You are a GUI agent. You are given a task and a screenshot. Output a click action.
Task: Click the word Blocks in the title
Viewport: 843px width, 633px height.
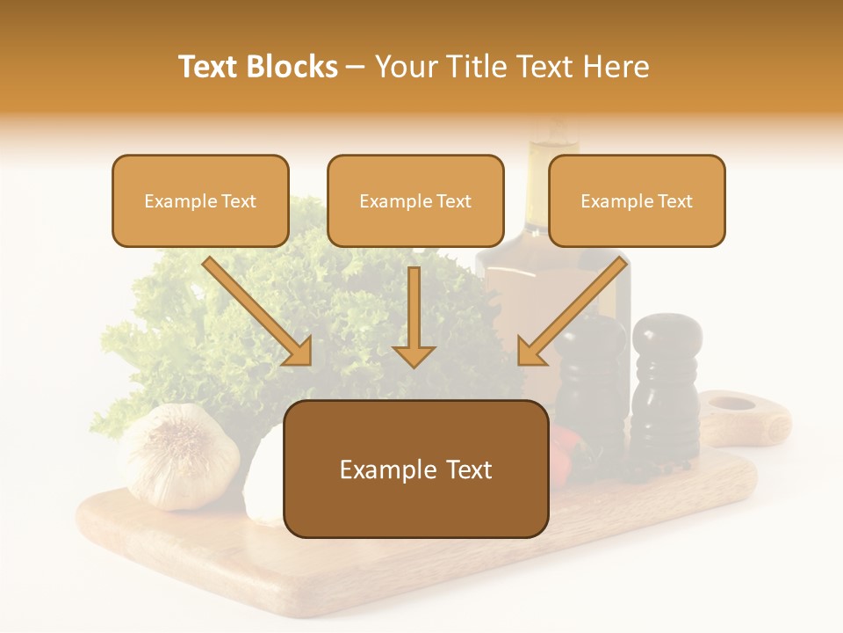292,67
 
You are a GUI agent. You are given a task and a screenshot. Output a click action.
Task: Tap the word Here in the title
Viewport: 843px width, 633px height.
614,67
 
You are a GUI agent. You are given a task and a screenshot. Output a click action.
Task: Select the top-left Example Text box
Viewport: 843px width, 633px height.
200,200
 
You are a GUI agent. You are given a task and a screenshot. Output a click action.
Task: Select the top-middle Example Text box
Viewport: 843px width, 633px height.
415,200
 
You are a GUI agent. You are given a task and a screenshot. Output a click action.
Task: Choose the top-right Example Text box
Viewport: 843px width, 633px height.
637,200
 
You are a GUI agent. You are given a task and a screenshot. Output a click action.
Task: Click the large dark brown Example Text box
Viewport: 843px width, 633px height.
415,469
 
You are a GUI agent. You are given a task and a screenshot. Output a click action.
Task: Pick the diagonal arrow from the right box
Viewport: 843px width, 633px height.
573,311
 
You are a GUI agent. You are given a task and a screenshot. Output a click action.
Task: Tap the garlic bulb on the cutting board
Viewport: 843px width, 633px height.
180,456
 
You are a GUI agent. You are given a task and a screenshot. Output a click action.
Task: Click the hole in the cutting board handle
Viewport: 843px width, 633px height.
731,404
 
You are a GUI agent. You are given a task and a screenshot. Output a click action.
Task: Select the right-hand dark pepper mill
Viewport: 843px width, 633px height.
666,387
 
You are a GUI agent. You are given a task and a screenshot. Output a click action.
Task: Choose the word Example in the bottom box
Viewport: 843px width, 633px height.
379,469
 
